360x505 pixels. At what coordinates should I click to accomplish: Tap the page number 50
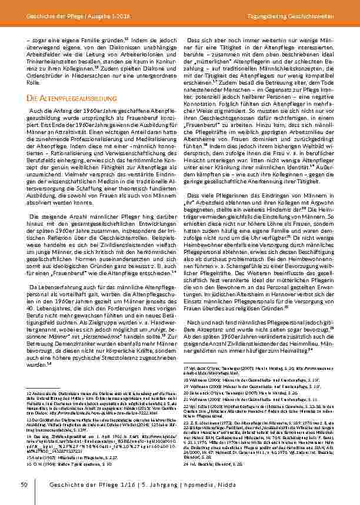click(24, 484)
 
